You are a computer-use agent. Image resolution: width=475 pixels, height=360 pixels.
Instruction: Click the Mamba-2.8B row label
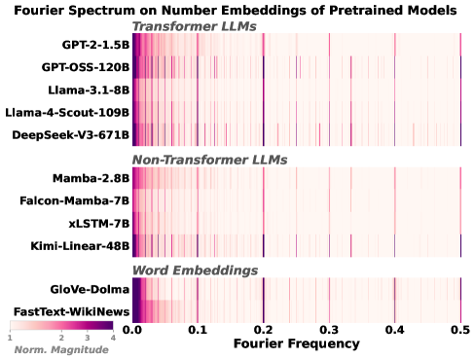click(x=91, y=178)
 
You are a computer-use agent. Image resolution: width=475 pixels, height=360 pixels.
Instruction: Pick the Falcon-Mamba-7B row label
click(x=76, y=200)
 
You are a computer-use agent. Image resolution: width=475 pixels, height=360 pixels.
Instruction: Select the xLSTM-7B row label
click(x=96, y=222)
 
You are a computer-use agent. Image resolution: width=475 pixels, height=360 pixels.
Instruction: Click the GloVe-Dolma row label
click(x=89, y=289)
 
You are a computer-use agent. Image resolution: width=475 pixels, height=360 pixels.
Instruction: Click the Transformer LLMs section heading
click(x=194, y=25)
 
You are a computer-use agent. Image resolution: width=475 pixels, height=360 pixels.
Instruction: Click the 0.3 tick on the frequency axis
click(x=329, y=330)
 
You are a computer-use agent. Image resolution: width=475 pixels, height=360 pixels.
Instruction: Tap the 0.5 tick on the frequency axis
click(x=460, y=330)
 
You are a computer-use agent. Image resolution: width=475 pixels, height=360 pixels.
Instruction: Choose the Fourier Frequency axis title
click(x=297, y=344)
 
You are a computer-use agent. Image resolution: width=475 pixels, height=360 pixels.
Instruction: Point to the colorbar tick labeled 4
click(x=114, y=337)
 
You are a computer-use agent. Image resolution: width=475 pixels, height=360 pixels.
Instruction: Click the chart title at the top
click(x=237, y=9)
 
